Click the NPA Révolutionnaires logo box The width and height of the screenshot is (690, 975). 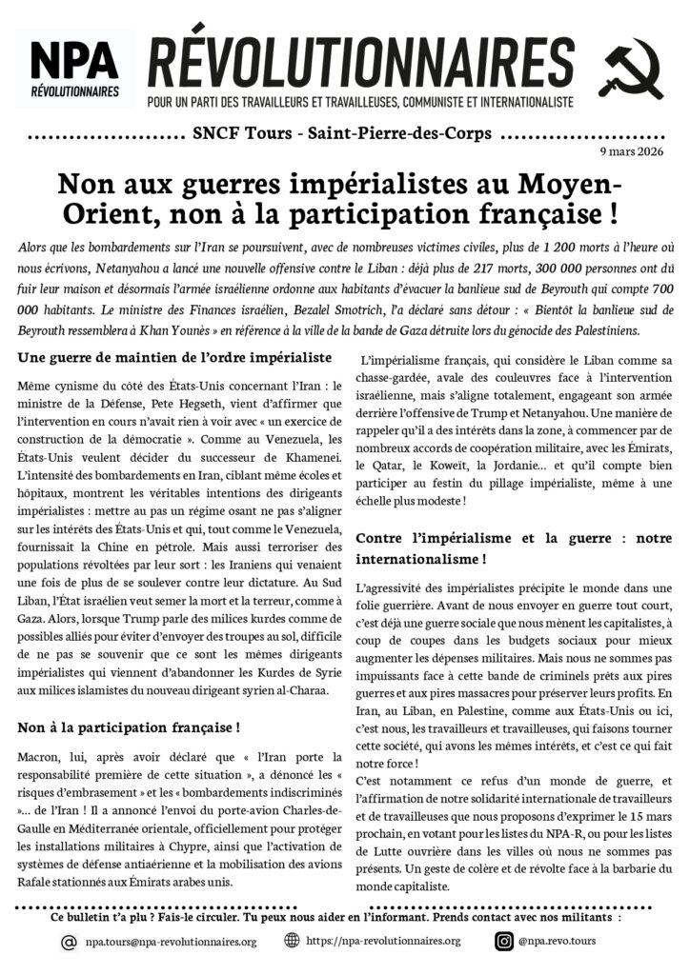[74, 68]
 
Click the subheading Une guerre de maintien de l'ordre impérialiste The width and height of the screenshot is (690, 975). [174, 357]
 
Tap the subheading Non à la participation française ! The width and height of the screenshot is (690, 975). [129, 728]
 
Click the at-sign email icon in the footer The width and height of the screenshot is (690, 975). [69, 942]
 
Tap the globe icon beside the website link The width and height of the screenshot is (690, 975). [293, 941]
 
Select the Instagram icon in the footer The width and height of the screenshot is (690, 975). [504, 942]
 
